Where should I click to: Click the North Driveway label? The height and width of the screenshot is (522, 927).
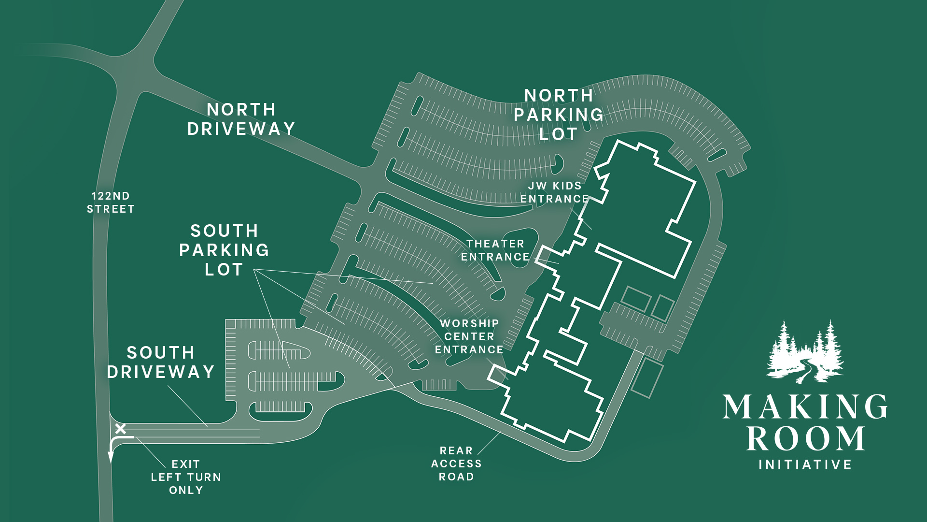coord(241,119)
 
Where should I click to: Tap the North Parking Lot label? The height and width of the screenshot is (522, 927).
coord(559,115)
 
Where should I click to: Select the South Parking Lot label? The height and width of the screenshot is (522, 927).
coord(224,250)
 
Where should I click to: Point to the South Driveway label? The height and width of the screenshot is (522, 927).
coord(161,362)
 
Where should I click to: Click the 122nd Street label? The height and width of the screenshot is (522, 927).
coord(111,203)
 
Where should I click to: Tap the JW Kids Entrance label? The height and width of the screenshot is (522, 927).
coord(554,192)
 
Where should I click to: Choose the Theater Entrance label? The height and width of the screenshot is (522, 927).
coord(495,250)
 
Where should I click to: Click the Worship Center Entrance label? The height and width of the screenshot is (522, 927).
coord(469,336)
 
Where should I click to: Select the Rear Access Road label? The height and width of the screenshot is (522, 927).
coord(456,464)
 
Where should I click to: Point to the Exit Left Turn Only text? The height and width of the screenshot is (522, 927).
coord(186,477)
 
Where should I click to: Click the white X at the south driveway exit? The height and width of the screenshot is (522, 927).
coord(120,428)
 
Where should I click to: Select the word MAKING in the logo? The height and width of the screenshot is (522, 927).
coord(805,406)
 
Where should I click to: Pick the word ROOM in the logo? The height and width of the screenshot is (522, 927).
coord(805,438)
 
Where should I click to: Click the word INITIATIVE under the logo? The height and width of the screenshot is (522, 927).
coord(805,465)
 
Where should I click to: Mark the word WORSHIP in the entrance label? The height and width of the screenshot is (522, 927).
coord(469,323)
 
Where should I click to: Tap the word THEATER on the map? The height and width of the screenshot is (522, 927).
coord(495,244)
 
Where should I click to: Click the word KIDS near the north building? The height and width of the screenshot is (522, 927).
coord(567,186)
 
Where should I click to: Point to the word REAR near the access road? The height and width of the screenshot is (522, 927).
coord(456,450)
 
